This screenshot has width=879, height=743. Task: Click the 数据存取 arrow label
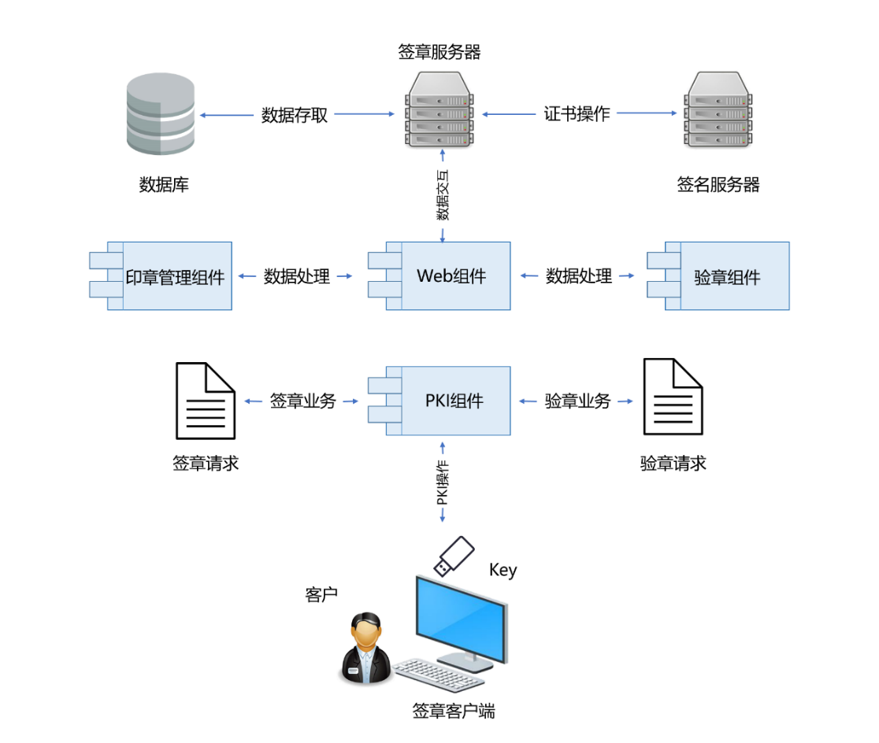(x=295, y=115)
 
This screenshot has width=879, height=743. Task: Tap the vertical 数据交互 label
(x=443, y=194)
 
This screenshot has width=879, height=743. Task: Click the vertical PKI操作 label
(x=443, y=483)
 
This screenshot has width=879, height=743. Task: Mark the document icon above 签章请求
(x=206, y=401)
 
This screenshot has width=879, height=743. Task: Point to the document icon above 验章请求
(x=673, y=397)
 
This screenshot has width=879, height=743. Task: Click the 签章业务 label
(x=303, y=401)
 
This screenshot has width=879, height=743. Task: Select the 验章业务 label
(x=577, y=401)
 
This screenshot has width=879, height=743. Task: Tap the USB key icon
(x=454, y=554)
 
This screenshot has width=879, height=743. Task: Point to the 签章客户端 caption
(x=454, y=711)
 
